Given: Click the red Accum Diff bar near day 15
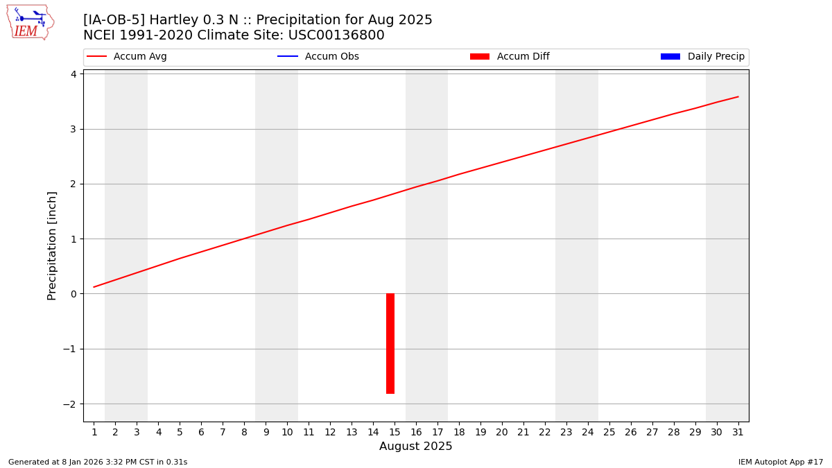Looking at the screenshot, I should coord(390,343).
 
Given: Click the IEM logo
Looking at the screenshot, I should coord(30,22).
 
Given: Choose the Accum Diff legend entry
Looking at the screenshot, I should coord(510,57).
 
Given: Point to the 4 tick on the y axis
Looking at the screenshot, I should coord(73,74).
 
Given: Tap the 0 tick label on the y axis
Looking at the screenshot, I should coord(73,294).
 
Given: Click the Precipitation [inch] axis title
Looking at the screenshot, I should coord(52,245).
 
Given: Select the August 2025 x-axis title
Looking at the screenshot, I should coord(415,447).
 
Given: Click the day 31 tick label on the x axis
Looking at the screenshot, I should coord(738,432).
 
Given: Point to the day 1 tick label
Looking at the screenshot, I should coord(94,432).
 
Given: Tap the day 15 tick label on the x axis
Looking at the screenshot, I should coord(395,432).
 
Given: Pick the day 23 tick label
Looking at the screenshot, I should coord(566,432).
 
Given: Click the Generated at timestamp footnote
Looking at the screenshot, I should coord(98,462).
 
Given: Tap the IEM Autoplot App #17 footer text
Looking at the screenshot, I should coord(780,462).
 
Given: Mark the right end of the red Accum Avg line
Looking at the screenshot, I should coord(738,96).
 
